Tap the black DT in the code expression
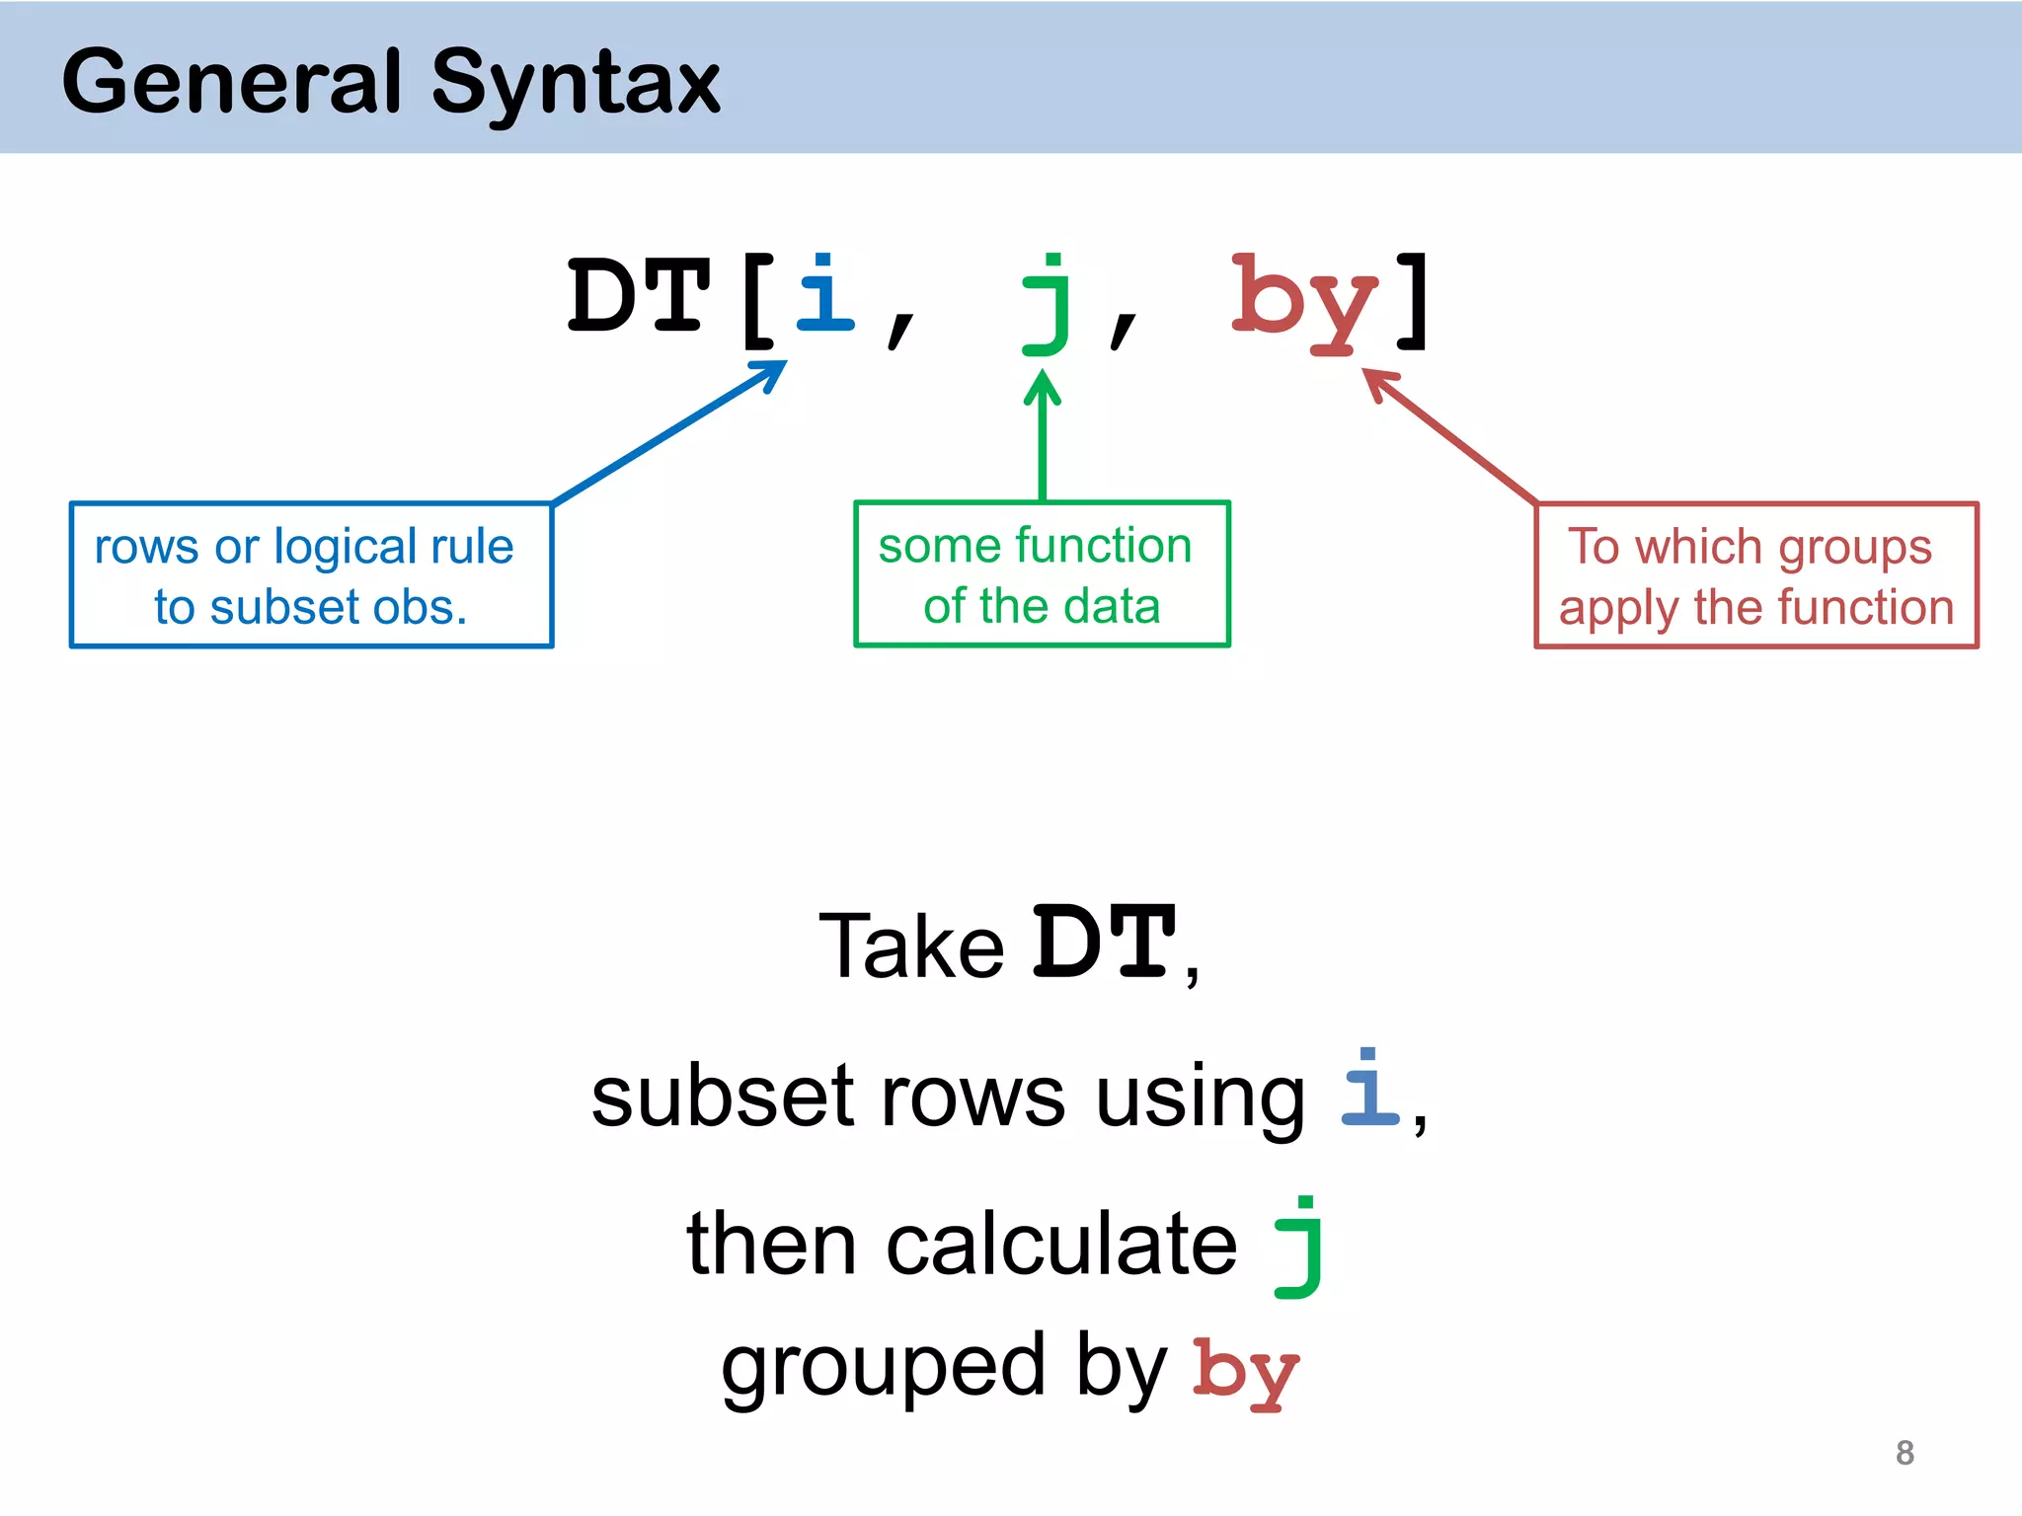(x=639, y=296)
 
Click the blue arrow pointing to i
(x=671, y=431)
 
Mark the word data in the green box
(x=1112, y=606)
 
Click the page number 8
(x=1905, y=1453)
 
